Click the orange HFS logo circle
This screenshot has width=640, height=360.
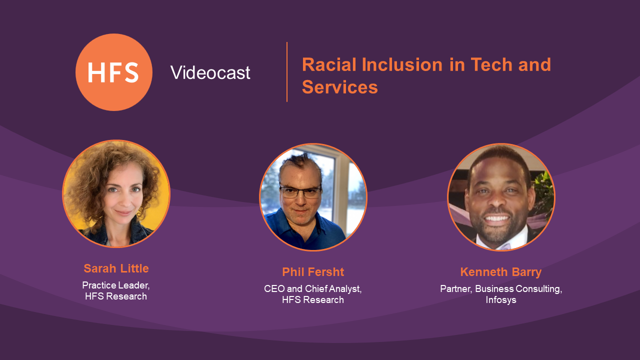(114, 72)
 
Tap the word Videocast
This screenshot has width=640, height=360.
(210, 72)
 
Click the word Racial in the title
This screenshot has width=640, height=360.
(329, 64)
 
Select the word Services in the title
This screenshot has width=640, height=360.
(339, 87)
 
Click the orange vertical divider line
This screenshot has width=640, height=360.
(287, 72)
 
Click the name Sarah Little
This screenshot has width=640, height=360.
(116, 268)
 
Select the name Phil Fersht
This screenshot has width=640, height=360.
(313, 272)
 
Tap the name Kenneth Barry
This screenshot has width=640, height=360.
(501, 272)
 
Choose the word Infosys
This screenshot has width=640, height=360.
(501, 300)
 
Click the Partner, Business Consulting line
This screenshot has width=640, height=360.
(501, 289)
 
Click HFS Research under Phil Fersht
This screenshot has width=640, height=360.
(313, 299)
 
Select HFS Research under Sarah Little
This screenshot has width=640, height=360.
(115, 296)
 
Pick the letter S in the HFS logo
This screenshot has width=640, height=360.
(132, 72)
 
